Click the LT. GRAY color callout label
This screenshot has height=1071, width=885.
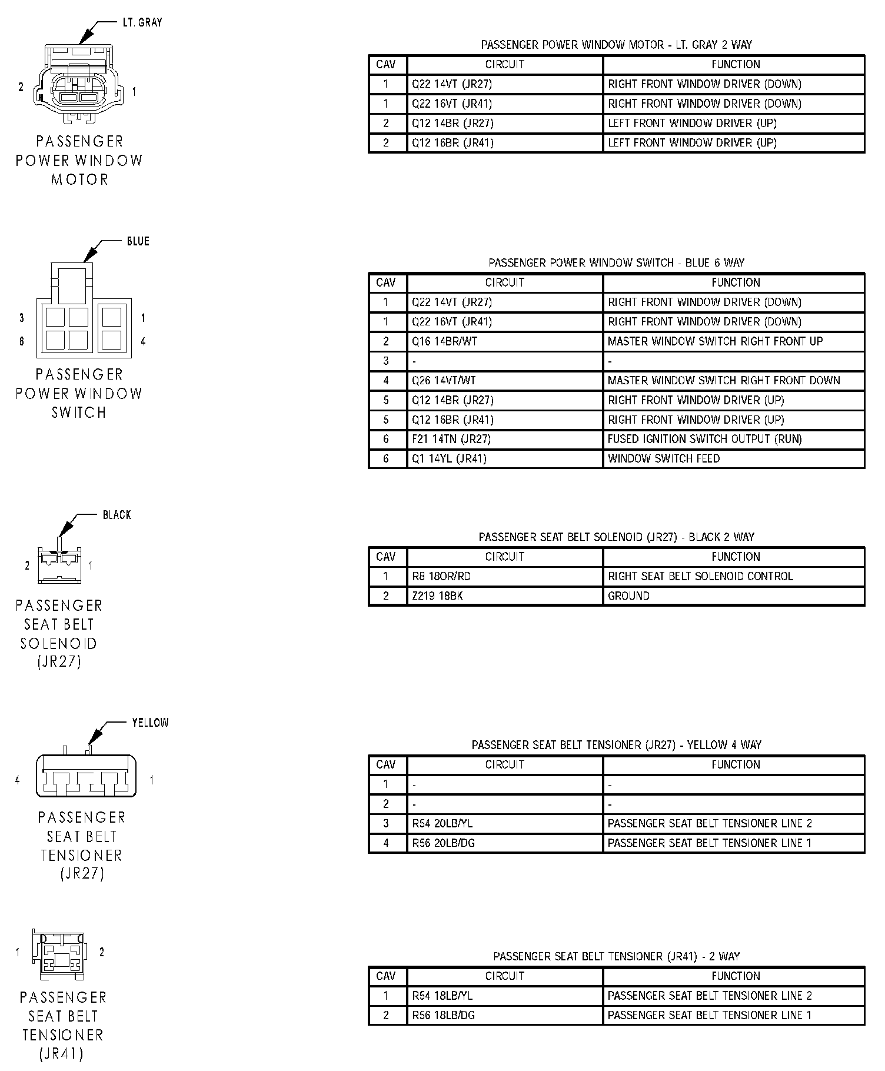coord(142,22)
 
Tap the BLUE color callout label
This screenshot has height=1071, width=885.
coord(138,241)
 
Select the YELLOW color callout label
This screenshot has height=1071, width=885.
coord(150,722)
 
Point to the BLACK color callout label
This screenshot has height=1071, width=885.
coord(117,515)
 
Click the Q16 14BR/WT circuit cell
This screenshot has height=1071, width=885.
coord(444,341)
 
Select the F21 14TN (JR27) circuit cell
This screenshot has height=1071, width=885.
coord(451,439)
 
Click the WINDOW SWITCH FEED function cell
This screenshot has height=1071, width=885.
coord(663,458)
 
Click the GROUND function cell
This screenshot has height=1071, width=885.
coord(628,596)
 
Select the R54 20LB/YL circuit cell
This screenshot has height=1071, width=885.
coord(442,823)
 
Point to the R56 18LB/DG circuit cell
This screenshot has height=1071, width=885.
coord(443,1015)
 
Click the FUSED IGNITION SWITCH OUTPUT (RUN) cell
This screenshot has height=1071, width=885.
coord(704,439)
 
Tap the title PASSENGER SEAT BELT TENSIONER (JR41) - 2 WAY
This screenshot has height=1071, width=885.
coord(616,956)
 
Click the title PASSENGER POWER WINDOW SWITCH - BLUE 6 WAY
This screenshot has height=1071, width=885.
coord(616,262)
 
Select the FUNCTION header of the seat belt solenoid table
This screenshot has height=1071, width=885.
coord(735,557)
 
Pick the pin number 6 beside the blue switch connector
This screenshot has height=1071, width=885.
coord(22,341)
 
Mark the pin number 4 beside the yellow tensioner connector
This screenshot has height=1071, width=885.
coord(18,780)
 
